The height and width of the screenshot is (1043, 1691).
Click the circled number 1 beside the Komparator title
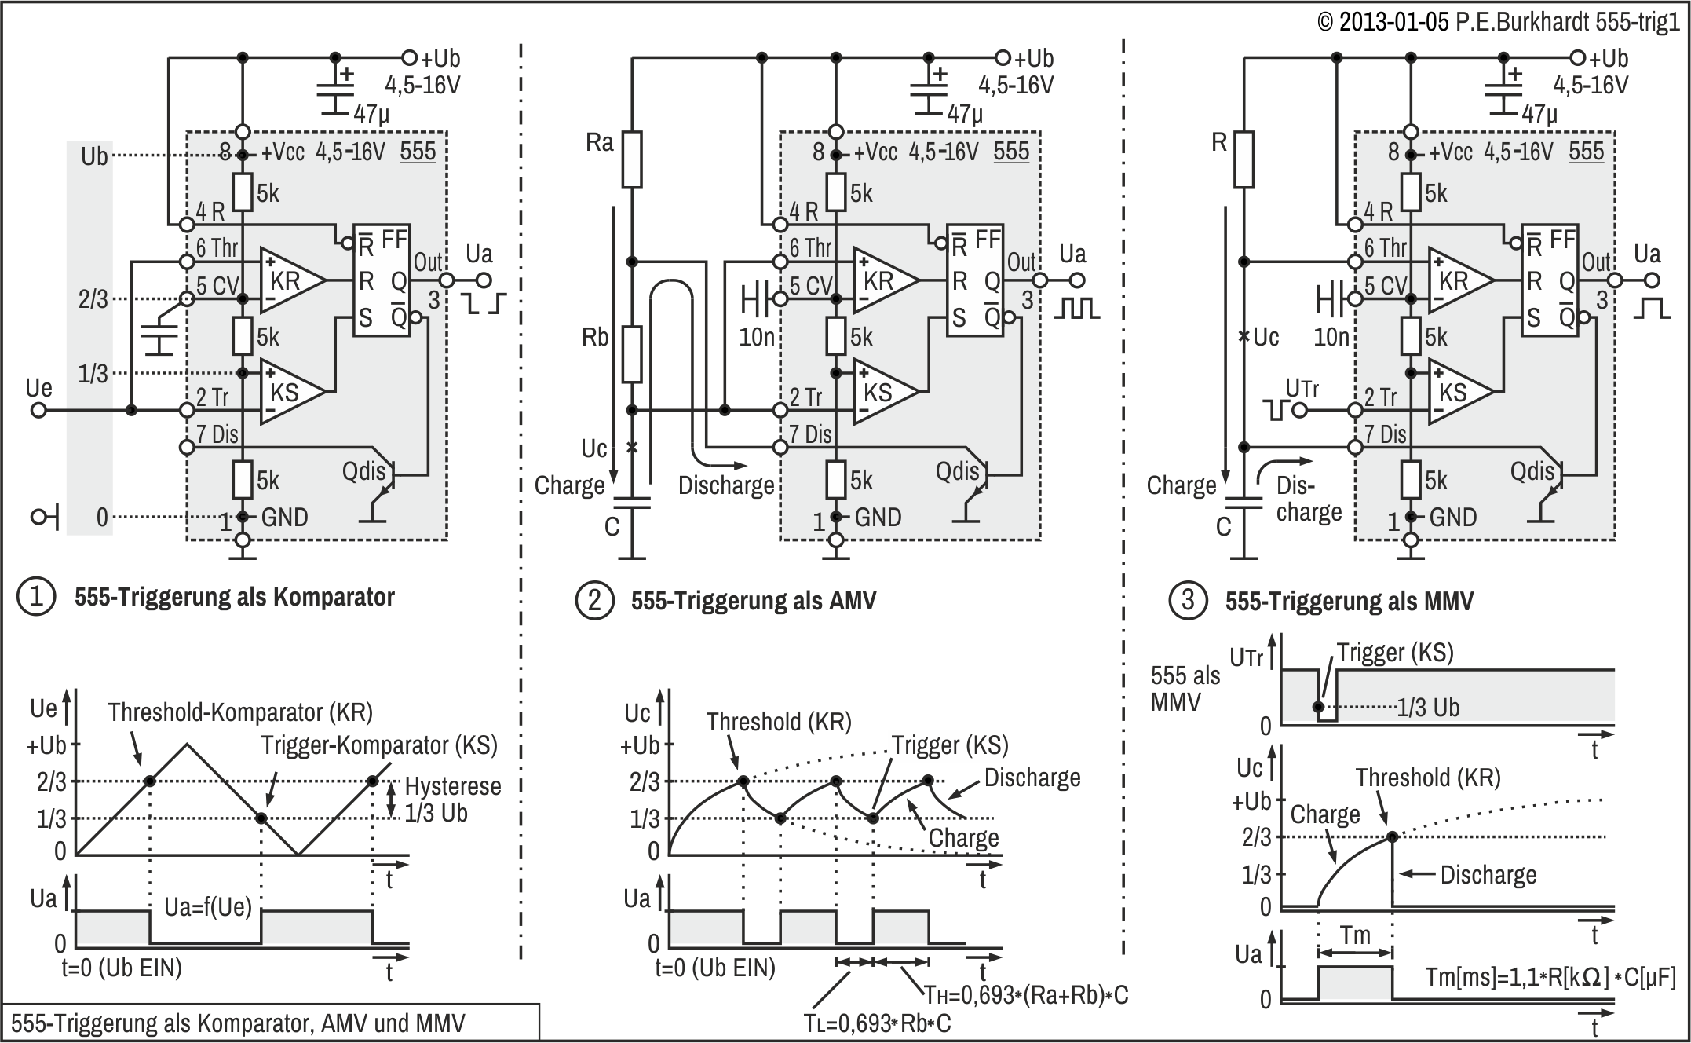36,597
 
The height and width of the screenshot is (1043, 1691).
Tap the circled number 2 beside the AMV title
594,601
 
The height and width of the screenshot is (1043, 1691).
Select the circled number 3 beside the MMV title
1188,601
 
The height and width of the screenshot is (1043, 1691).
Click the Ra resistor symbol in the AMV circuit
632,159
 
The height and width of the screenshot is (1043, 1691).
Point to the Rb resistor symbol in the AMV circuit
632,354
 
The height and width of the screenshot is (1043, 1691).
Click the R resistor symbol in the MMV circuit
1243,159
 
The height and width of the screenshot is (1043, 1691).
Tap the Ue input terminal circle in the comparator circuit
38,410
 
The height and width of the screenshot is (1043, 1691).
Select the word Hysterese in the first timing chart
453,786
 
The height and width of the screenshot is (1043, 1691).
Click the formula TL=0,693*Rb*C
878,1024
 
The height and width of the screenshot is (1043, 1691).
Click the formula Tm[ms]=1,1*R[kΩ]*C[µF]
1550,978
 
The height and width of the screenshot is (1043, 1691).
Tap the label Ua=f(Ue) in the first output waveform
208,908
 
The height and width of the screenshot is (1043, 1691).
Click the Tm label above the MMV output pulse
1355,935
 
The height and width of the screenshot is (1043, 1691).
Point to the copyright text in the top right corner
1499,21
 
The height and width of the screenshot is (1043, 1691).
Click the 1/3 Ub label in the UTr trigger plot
1428,708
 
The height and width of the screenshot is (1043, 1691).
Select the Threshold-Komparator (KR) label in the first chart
240,712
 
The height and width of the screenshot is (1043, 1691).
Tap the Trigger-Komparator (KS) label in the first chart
379,745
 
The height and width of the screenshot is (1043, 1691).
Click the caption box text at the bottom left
238,1023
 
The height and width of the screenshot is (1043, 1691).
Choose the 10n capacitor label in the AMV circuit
757,337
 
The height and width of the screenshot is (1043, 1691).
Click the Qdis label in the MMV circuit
1532,471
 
